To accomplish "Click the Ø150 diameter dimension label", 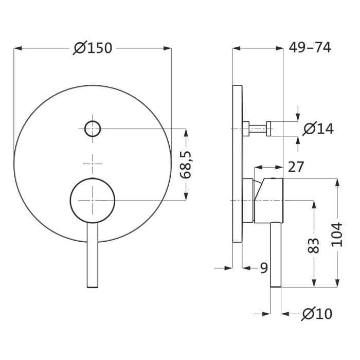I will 93,48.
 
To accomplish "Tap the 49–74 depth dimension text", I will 310,47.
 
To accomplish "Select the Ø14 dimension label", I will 318,129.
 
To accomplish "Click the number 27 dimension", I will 296,167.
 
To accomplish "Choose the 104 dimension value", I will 337,234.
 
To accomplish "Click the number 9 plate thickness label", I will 263,267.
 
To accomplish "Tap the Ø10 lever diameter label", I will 318,313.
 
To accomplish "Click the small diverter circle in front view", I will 93,128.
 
